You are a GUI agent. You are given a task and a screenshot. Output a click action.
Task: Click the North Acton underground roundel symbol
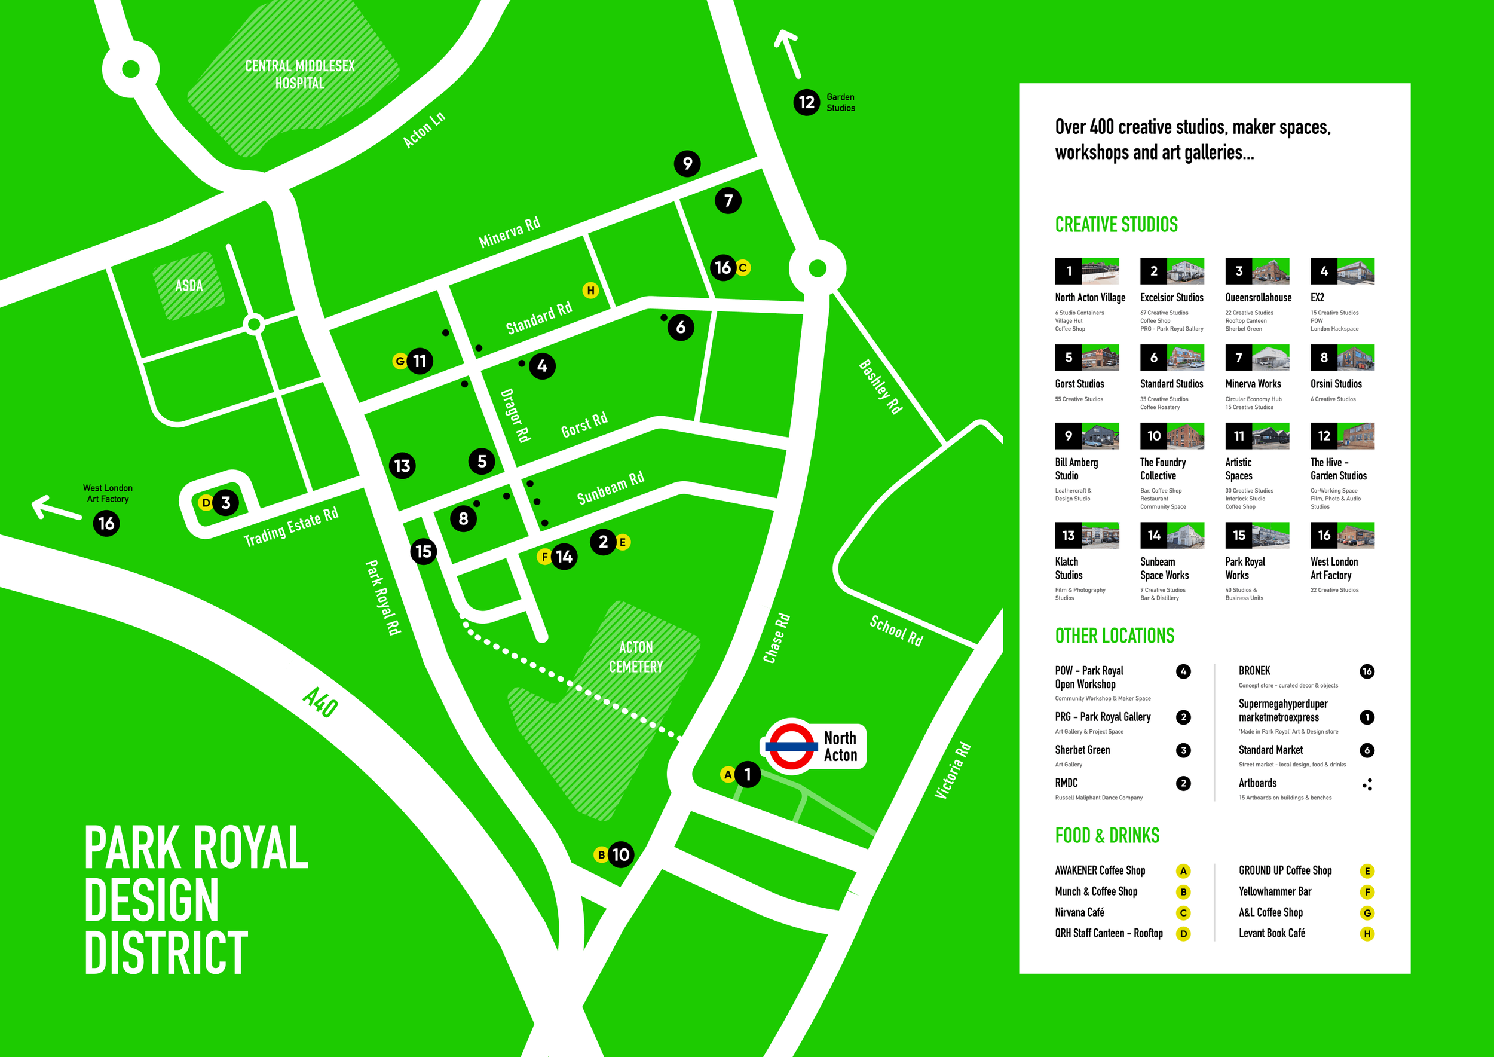pyautogui.click(x=791, y=747)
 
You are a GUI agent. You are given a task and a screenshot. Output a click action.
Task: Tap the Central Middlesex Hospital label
pyautogui.click(x=300, y=74)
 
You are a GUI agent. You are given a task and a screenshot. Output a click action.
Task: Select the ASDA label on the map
pyautogui.click(x=189, y=286)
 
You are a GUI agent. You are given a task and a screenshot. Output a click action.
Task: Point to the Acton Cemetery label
pyautogui.click(x=636, y=656)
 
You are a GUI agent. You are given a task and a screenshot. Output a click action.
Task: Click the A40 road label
pyautogui.click(x=320, y=703)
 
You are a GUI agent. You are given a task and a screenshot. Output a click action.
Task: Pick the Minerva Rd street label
pyautogui.click(x=510, y=233)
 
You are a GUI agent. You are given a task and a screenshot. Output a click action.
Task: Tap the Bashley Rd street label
pyautogui.click(x=880, y=387)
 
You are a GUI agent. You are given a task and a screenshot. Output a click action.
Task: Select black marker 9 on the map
pyautogui.click(x=687, y=163)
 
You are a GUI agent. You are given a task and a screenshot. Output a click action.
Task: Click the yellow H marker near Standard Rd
pyautogui.click(x=590, y=291)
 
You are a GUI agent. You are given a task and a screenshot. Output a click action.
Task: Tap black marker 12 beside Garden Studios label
pyautogui.click(x=806, y=102)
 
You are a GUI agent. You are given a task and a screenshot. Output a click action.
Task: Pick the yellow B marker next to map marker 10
pyautogui.click(x=601, y=854)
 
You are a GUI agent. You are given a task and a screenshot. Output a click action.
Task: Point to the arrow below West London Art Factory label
pyautogui.click(x=56, y=508)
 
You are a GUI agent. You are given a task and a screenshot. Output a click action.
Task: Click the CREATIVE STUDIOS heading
pyautogui.click(x=1116, y=225)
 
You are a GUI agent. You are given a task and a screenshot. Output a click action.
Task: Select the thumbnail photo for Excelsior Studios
pyautogui.click(x=1185, y=271)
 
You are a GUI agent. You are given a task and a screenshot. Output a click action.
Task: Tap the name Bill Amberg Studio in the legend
pyautogui.click(x=1076, y=469)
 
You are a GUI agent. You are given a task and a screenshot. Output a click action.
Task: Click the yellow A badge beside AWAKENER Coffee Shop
pyautogui.click(x=1183, y=871)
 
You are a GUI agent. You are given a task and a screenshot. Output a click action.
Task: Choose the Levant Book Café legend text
pyautogui.click(x=1272, y=933)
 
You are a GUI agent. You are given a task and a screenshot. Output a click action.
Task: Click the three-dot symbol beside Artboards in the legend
pyautogui.click(x=1367, y=784)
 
